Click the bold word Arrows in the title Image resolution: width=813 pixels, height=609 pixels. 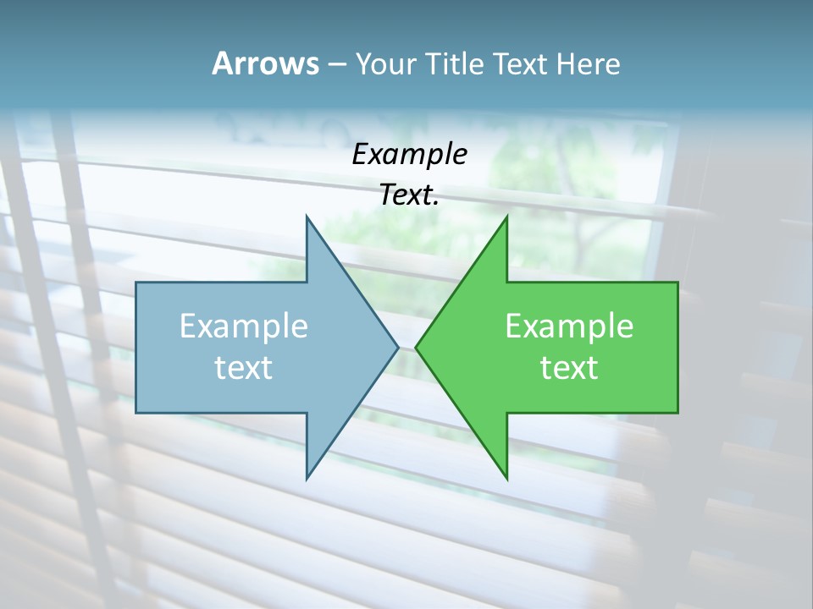click(265, 63)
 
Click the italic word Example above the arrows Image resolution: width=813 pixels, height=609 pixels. click(410, 154)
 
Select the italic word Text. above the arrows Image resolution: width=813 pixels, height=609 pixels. click(410, 195)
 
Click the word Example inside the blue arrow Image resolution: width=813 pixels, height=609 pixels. click(244, 326)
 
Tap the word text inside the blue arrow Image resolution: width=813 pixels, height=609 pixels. click(244, 367)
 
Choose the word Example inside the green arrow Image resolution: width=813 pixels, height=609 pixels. click(569, 326)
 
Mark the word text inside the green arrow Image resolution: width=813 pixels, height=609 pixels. click(569, 367)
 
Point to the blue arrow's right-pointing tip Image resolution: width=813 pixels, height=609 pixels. click(398, 347)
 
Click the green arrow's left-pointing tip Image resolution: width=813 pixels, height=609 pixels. click(415, 347)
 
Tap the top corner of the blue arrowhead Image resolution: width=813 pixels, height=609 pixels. click(307, 216)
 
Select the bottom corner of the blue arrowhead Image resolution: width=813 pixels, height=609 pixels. click(307, 480)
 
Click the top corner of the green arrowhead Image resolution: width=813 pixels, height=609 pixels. click(506, 216)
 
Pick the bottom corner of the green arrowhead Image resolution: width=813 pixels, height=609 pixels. click(506, 480)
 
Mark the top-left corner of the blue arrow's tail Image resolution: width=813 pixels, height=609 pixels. click(136, 283)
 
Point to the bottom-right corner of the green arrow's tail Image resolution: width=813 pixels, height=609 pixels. click(677, 413)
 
